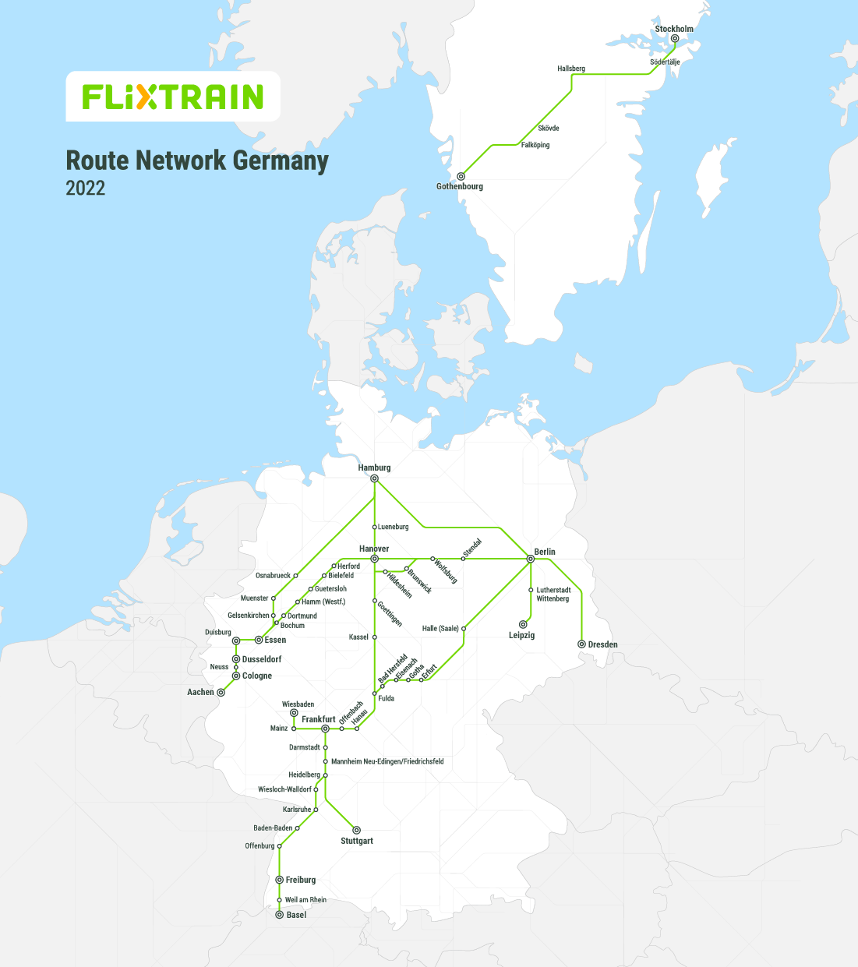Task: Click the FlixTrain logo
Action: coord(173,97)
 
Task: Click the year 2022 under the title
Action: coord(85,189)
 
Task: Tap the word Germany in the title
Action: coord(281,161)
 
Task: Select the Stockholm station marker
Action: coord(675,38)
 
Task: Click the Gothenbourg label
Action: coord(460,187)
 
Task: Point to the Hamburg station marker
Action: coord(375,478)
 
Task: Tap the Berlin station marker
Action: coord(531,559)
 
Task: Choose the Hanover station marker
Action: coord(375,559)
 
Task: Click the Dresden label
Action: coord(602,644)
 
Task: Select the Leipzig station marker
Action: coord(523,624)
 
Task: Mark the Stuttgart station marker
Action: coord(357,830)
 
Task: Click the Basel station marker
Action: coord(280,915)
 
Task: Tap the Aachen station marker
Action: coord(221,692)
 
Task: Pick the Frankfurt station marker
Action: coord(325,729)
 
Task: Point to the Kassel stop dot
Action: coord(375,637)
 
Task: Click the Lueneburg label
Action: coord(394,528)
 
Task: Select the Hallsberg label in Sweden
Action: coord(570,69)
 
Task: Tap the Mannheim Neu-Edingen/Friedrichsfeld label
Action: coord(387,761)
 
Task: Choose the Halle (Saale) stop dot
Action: coord(464,628)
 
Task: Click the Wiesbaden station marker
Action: coord(294,713)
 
